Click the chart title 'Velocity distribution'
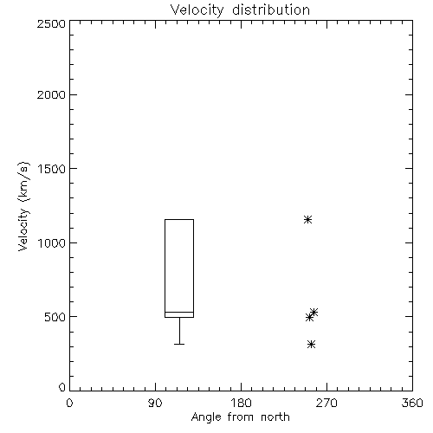tap(240, 10)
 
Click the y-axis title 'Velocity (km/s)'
tap(23, 206)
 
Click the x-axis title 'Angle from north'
tap(240, 417)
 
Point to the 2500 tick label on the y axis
tap(51, 23)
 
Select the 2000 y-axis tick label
tap(51, 94)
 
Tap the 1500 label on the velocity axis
tap(52, 169)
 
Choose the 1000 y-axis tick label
tap(52, 242)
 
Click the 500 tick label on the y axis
tap(55, 317)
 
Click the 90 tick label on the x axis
tap(155, 403)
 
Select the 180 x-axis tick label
tap(241, 403)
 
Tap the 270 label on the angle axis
tap(326, 403)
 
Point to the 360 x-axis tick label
tap(412, 403)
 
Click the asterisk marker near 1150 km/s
tap(307, 220)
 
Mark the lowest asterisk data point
tap(311, 344)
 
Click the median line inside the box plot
tap(179, 312)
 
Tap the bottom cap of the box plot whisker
tap(179, 344)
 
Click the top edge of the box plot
tap(179, 219)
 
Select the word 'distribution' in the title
tap(271, 10)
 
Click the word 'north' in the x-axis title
tap(275, 417)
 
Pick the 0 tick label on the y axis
tap(62, 387)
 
